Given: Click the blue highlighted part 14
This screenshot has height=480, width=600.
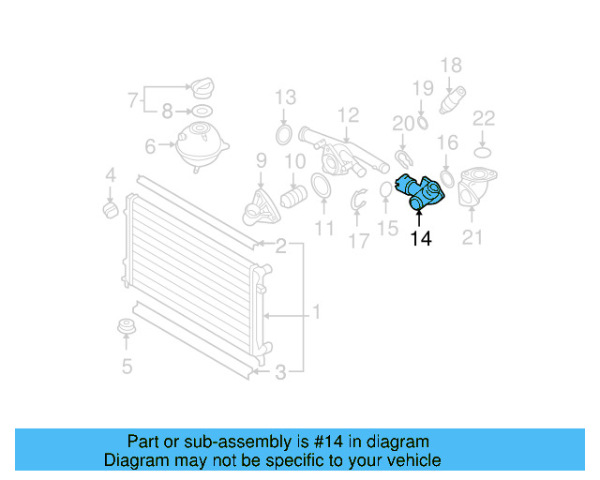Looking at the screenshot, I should click(418, 189).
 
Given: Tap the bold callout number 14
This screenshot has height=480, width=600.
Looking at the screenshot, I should click(421, 239).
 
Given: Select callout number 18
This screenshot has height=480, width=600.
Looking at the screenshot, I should click(451, 65).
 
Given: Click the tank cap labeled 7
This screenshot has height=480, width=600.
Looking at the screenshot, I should click(202, 91).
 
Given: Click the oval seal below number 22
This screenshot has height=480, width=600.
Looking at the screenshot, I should click(483, 151).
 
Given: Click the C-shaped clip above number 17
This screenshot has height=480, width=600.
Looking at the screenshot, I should click(359, 199).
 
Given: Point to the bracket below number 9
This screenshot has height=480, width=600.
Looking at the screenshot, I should click(259, 205).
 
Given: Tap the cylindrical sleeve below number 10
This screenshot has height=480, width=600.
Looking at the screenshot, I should click(294, 196).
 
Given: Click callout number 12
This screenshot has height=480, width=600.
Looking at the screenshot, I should click(348, 115).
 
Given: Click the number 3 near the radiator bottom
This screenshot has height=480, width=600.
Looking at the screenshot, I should click(280, 373).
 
